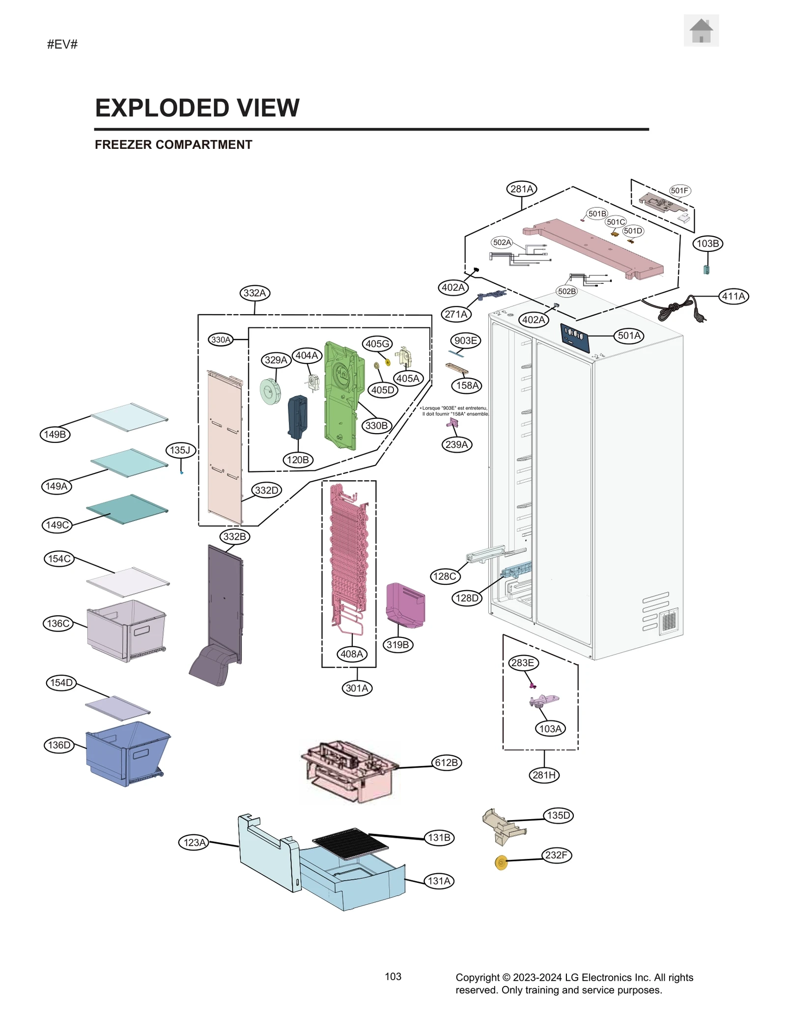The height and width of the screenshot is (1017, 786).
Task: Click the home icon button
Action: tap(701, 30)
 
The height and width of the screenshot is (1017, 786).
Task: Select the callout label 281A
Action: tap(521, 189)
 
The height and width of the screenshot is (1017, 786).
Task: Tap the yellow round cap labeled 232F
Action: tap(501, 863)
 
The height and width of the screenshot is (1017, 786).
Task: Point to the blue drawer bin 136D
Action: tap(125, 754)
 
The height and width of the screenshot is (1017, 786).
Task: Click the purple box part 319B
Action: tap(405, 605)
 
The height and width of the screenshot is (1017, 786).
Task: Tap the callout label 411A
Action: tap(733, 296)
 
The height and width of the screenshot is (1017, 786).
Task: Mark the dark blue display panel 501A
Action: tap(574, 338)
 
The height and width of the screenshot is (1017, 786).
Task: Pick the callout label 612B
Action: tap(446, 763)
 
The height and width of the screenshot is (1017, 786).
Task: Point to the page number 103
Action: tap(393, 976)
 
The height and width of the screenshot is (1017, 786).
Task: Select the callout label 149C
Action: tap(57, 525)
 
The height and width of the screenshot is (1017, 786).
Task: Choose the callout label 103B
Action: tap(708, 244)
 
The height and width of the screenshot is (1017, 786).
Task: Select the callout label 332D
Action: tap(267, 490)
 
